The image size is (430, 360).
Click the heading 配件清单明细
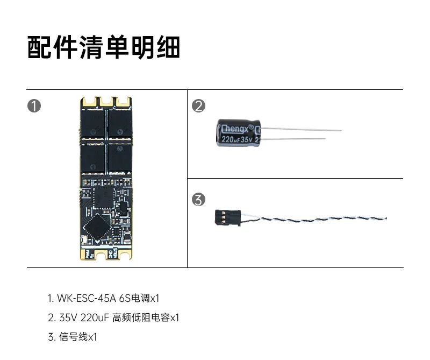[103, 48]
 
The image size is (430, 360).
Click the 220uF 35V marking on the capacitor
[236, 139]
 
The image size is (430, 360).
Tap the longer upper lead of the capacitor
[301, 129]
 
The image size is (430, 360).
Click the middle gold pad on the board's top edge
[105, 101]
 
